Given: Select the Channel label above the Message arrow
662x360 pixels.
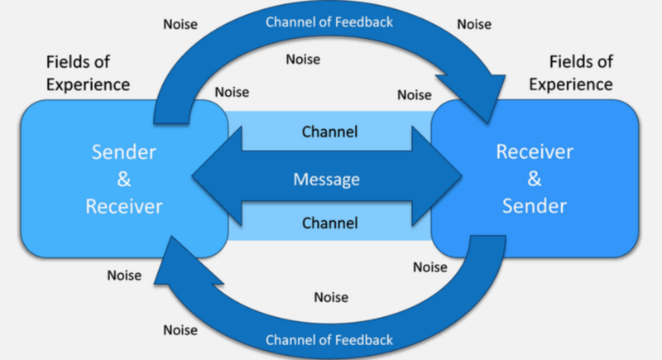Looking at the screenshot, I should [x=330, y=132].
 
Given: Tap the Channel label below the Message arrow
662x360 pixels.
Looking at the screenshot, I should [x=330, y=223].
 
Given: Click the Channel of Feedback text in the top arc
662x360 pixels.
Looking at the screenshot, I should [x=330, y=22].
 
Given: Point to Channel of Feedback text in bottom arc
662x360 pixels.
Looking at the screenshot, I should [x=329, y=340].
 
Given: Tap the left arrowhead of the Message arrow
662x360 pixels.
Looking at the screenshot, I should [x=211, y=177].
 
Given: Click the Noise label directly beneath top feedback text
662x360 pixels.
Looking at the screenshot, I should [x=303, y=60].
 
